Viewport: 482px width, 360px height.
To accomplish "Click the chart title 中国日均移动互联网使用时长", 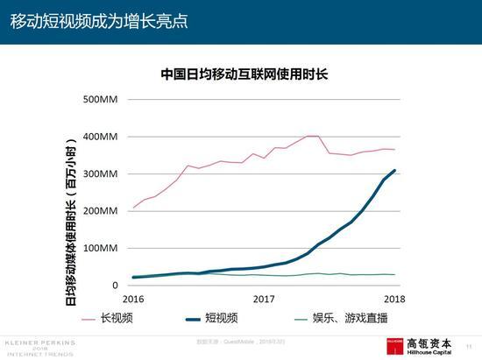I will [x=244, y=74].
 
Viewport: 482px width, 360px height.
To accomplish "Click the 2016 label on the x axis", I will [x=133, y=299].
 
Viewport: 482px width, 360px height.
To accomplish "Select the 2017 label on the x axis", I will [x=264, y=299].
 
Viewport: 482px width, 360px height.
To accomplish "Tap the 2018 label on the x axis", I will [x=394, y=299].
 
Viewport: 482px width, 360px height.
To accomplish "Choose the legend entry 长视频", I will [x=117, y=319].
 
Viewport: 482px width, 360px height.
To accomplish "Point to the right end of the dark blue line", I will [x=394, y=171].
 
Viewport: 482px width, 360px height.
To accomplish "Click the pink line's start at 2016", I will [x=134, y=208].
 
